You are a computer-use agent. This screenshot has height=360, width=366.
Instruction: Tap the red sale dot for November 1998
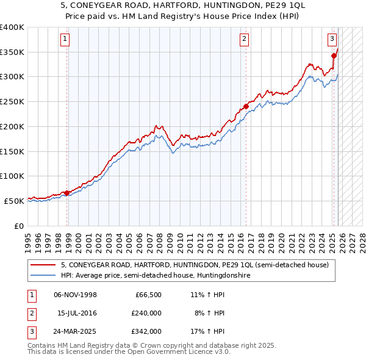67,193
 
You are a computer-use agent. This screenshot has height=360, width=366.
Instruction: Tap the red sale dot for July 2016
246,106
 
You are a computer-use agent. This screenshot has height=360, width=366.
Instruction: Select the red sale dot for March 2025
334,56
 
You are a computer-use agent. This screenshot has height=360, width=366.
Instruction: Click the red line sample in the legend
43,265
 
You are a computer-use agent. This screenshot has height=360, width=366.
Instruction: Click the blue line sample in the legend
43,275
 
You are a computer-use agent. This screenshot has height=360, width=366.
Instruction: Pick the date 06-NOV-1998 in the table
76,295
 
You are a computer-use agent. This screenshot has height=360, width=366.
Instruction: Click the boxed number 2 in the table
30,313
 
